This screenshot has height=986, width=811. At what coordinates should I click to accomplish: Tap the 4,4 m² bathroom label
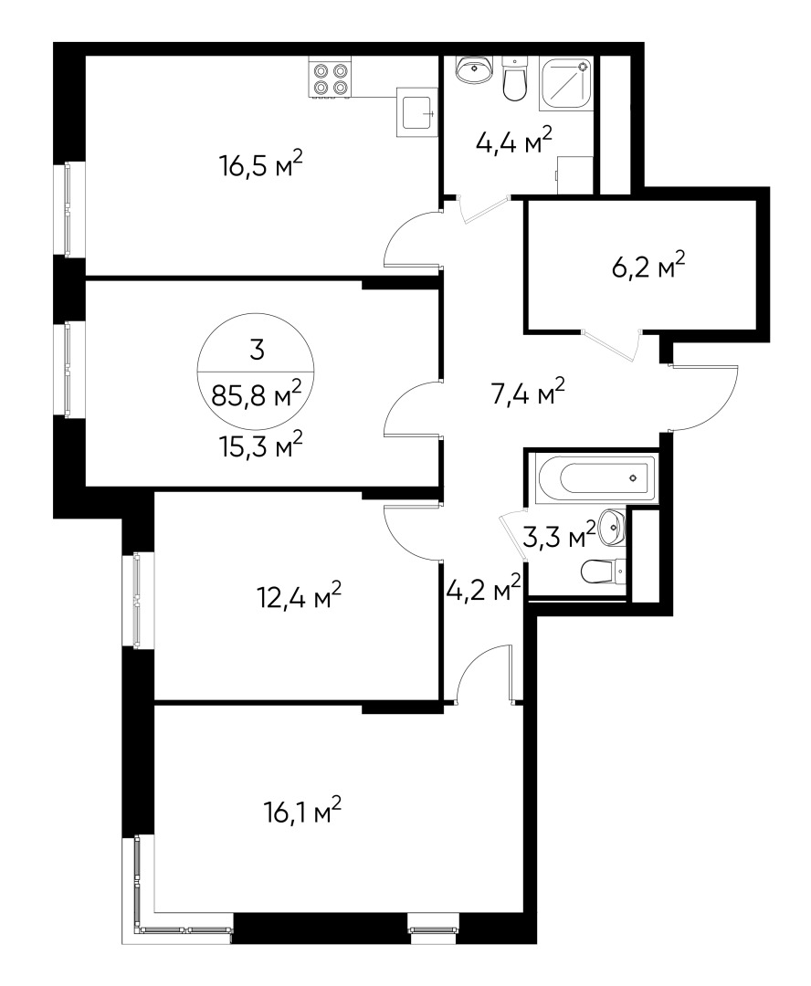514,141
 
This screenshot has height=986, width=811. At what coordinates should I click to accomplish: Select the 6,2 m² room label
648,266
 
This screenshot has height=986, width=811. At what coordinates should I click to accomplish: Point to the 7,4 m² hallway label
527,393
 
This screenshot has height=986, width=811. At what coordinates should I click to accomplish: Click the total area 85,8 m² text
256,394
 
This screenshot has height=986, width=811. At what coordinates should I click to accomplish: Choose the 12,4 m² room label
300,595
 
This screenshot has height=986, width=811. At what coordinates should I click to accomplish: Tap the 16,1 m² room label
302,812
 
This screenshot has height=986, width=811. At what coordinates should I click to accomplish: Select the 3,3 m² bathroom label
559,535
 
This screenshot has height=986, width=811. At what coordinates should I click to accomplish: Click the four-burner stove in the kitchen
330,77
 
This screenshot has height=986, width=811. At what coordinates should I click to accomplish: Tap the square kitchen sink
416,112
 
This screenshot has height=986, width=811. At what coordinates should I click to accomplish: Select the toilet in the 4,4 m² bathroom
515,79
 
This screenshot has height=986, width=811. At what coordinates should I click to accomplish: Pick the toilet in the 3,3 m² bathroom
604,572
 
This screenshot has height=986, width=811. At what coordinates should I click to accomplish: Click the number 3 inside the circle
256,350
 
